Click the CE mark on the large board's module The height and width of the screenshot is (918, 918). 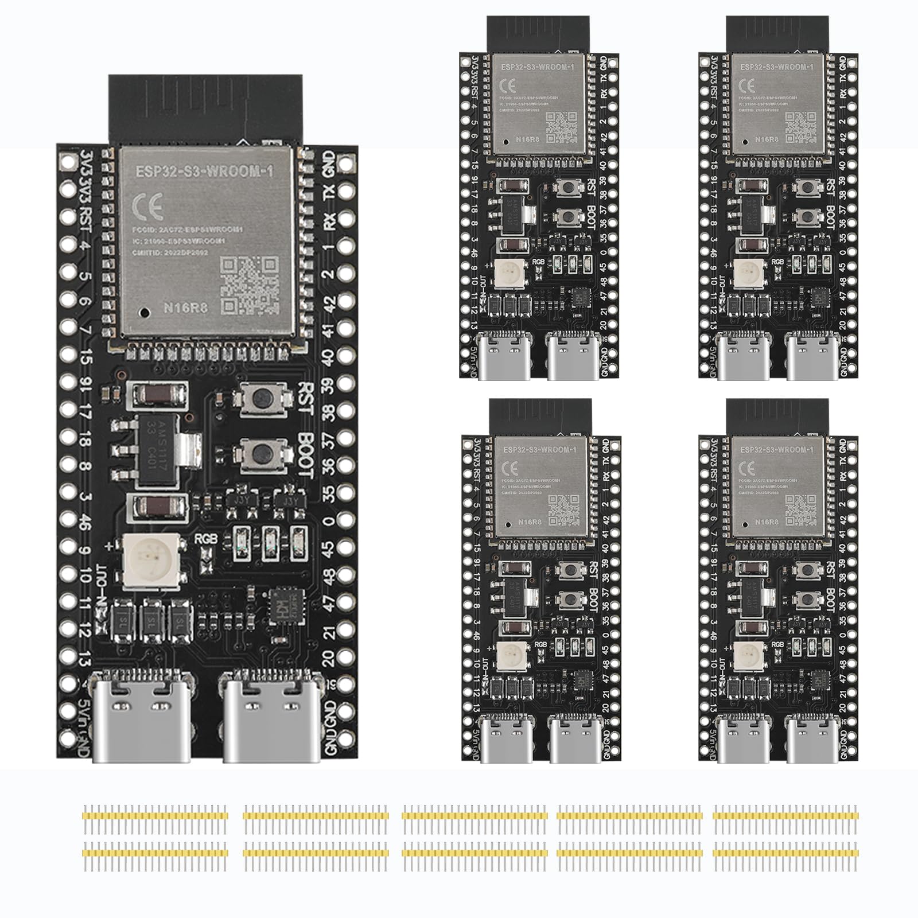pos(147,205)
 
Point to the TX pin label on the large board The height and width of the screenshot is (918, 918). pos(329,192)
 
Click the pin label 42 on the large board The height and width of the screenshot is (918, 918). pos(329,302)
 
